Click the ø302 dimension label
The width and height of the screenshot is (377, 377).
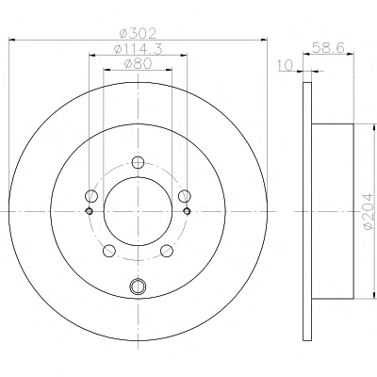pos(139,33)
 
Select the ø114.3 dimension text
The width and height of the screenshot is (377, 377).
pos(139,49)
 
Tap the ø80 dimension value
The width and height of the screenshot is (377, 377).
pos(139,64)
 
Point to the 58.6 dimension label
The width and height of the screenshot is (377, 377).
pos(329,48)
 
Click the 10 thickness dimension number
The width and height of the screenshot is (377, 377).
pos(285,65)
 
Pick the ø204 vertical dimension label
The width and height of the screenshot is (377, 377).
pos(369,211)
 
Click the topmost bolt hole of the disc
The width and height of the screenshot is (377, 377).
pos(138,162)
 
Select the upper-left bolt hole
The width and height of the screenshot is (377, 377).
pos(91,196)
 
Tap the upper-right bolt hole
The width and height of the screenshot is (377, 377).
pos(185,196)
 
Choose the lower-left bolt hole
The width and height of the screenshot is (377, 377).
pos(109,251)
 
